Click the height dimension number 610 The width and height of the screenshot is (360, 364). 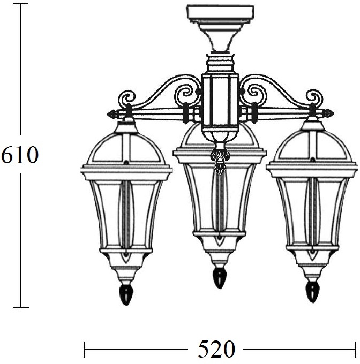[x=19, y=155]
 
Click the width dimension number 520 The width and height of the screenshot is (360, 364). [x=216, y=348]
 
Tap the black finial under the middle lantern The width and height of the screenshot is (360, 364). [x=219, y=278]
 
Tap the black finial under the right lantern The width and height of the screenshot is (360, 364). [x=312, y=292]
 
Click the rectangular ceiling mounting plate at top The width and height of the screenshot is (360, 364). [x=220, y=14]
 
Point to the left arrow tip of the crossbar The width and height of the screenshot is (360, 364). [x=108, y=114]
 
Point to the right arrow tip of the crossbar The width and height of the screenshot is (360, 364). [x=334, y=113]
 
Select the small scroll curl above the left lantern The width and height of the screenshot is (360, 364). [x=127, y=98]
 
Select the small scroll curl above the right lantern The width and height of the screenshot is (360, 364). [x=314, y=97]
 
